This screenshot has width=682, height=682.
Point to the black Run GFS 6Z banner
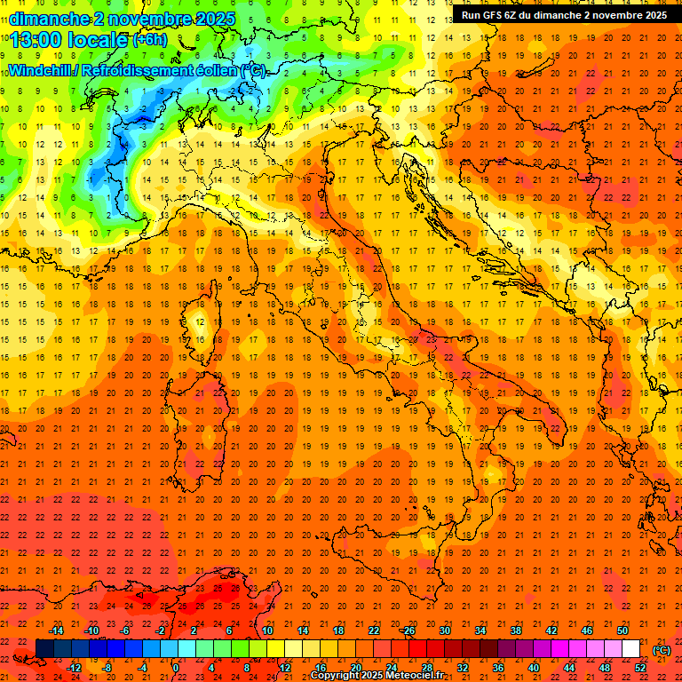(564, 15)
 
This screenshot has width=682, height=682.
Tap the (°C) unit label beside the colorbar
(662, 650)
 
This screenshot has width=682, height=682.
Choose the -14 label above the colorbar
(57, 630)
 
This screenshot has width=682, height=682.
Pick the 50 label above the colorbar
(622, 630)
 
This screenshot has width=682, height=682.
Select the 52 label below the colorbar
(640, 668)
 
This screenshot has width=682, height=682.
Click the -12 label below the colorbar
(74, 668)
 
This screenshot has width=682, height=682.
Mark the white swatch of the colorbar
(630, 649)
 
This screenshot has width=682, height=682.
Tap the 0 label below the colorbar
(176, 668)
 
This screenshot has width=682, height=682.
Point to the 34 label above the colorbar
(480, 630)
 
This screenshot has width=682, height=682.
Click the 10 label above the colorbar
(266, 630)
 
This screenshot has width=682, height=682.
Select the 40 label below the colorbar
(533, 668)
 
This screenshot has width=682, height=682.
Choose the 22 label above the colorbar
(373, 630)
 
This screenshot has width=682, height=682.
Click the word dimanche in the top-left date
(50, 18)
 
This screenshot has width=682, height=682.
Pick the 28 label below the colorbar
(426, 668)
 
